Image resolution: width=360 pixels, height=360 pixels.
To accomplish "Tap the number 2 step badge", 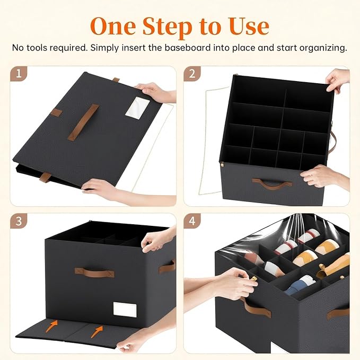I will [192, 74].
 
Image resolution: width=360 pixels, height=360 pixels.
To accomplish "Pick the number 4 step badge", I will [192, 221].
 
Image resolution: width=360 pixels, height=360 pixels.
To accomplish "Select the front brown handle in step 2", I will [271, 184].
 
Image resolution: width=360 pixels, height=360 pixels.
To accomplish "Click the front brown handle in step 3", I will [94, 273].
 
